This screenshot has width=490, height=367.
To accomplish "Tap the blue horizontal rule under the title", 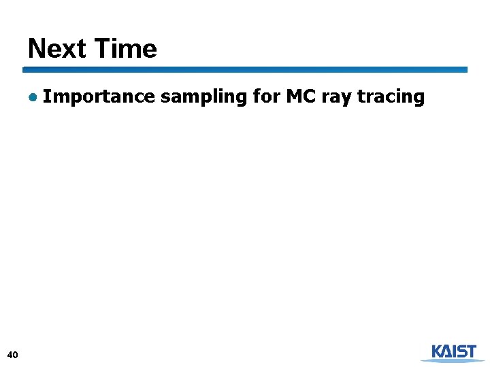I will [x=245, y=69].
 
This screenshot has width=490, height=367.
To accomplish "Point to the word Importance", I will [x=99, y=97].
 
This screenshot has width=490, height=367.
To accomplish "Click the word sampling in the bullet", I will [x=203, y=97].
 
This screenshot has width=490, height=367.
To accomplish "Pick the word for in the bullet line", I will [x=265, y=97].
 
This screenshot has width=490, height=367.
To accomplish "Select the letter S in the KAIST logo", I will [x=458, y=351].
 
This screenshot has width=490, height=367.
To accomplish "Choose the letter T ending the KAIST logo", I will [x=470, y=351].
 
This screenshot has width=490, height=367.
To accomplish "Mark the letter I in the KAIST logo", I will [x=450, y=351].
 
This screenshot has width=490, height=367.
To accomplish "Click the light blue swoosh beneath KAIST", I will [x=453, y=360].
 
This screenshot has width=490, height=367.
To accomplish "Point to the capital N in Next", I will [x=36, y=49].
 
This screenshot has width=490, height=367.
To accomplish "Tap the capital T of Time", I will [x=101, y=49].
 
